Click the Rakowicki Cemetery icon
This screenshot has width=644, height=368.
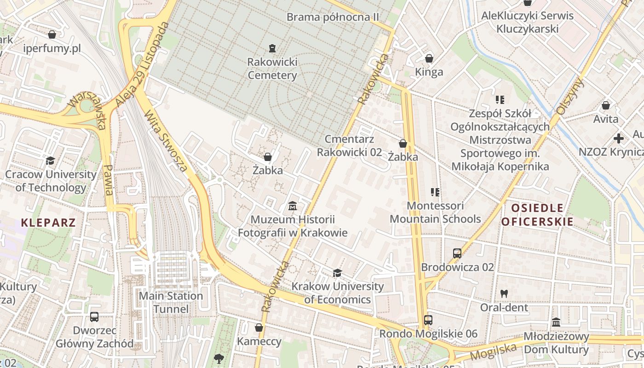tap(272, 48)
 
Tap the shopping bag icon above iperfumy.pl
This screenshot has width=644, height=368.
tap(52, 34)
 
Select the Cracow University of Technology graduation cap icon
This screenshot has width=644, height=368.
tap(50, 161)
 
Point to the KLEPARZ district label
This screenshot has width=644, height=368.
tap(48, 223)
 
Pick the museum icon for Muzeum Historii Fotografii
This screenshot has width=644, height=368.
tap(292, 206)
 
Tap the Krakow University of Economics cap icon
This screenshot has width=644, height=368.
tap(337, 273)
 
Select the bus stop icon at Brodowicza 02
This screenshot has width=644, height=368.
tap(457, 253)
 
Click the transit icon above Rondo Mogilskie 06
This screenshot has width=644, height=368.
tap(428, 320)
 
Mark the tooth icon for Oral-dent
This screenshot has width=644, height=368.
tap(504, 293)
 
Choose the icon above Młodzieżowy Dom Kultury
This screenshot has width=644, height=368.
tap(556, 322)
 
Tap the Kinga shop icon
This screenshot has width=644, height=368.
tap(429, 58)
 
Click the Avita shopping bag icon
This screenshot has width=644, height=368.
tap(606, 105)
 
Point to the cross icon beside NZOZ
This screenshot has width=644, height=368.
tap(619, 138)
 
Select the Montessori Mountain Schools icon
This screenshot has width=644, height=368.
tap(435, 192)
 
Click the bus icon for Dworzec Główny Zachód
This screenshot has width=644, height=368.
tap(94, 316)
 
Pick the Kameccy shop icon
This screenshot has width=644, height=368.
tap(259, 328)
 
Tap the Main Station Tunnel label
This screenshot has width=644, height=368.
tap(171, 302)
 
